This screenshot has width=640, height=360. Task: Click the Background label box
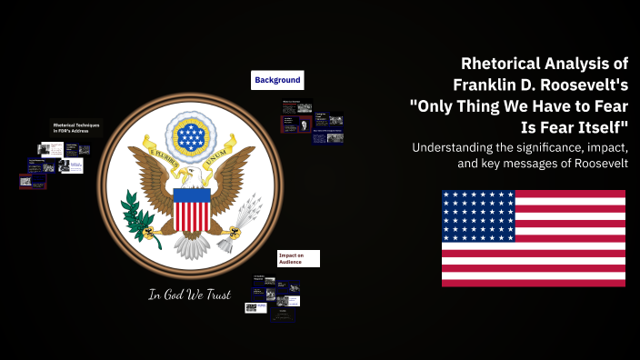[x=277, y=80]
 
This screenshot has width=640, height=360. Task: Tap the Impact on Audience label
[x=298, y=259]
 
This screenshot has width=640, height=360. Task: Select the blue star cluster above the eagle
[x=191, y=136]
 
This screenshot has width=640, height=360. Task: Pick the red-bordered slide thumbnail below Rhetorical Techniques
[x=33, y=181]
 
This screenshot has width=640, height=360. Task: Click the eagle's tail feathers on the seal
[x=191, y=245]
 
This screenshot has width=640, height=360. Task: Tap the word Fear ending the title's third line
[x=604, y=104]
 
